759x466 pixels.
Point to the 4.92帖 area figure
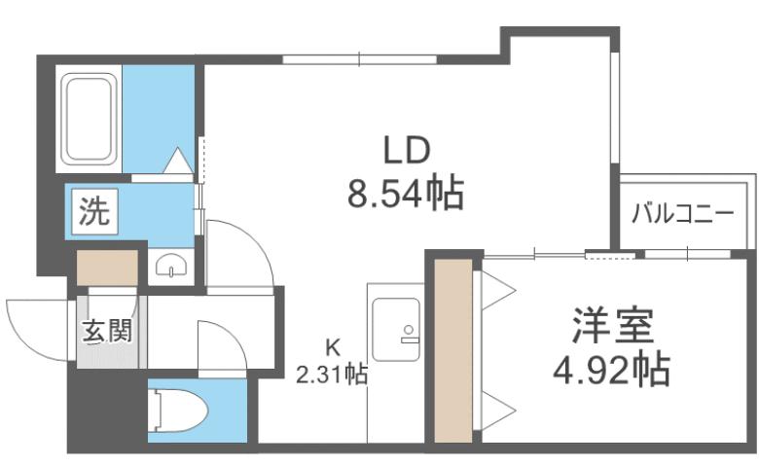pos(611,369)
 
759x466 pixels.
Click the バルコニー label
pos(682,213)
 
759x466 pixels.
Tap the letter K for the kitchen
pos(332,347)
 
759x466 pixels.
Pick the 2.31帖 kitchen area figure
pos(332,374)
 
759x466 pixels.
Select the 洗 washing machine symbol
pos(95,210)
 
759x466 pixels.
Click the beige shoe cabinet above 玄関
pos(108,268)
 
